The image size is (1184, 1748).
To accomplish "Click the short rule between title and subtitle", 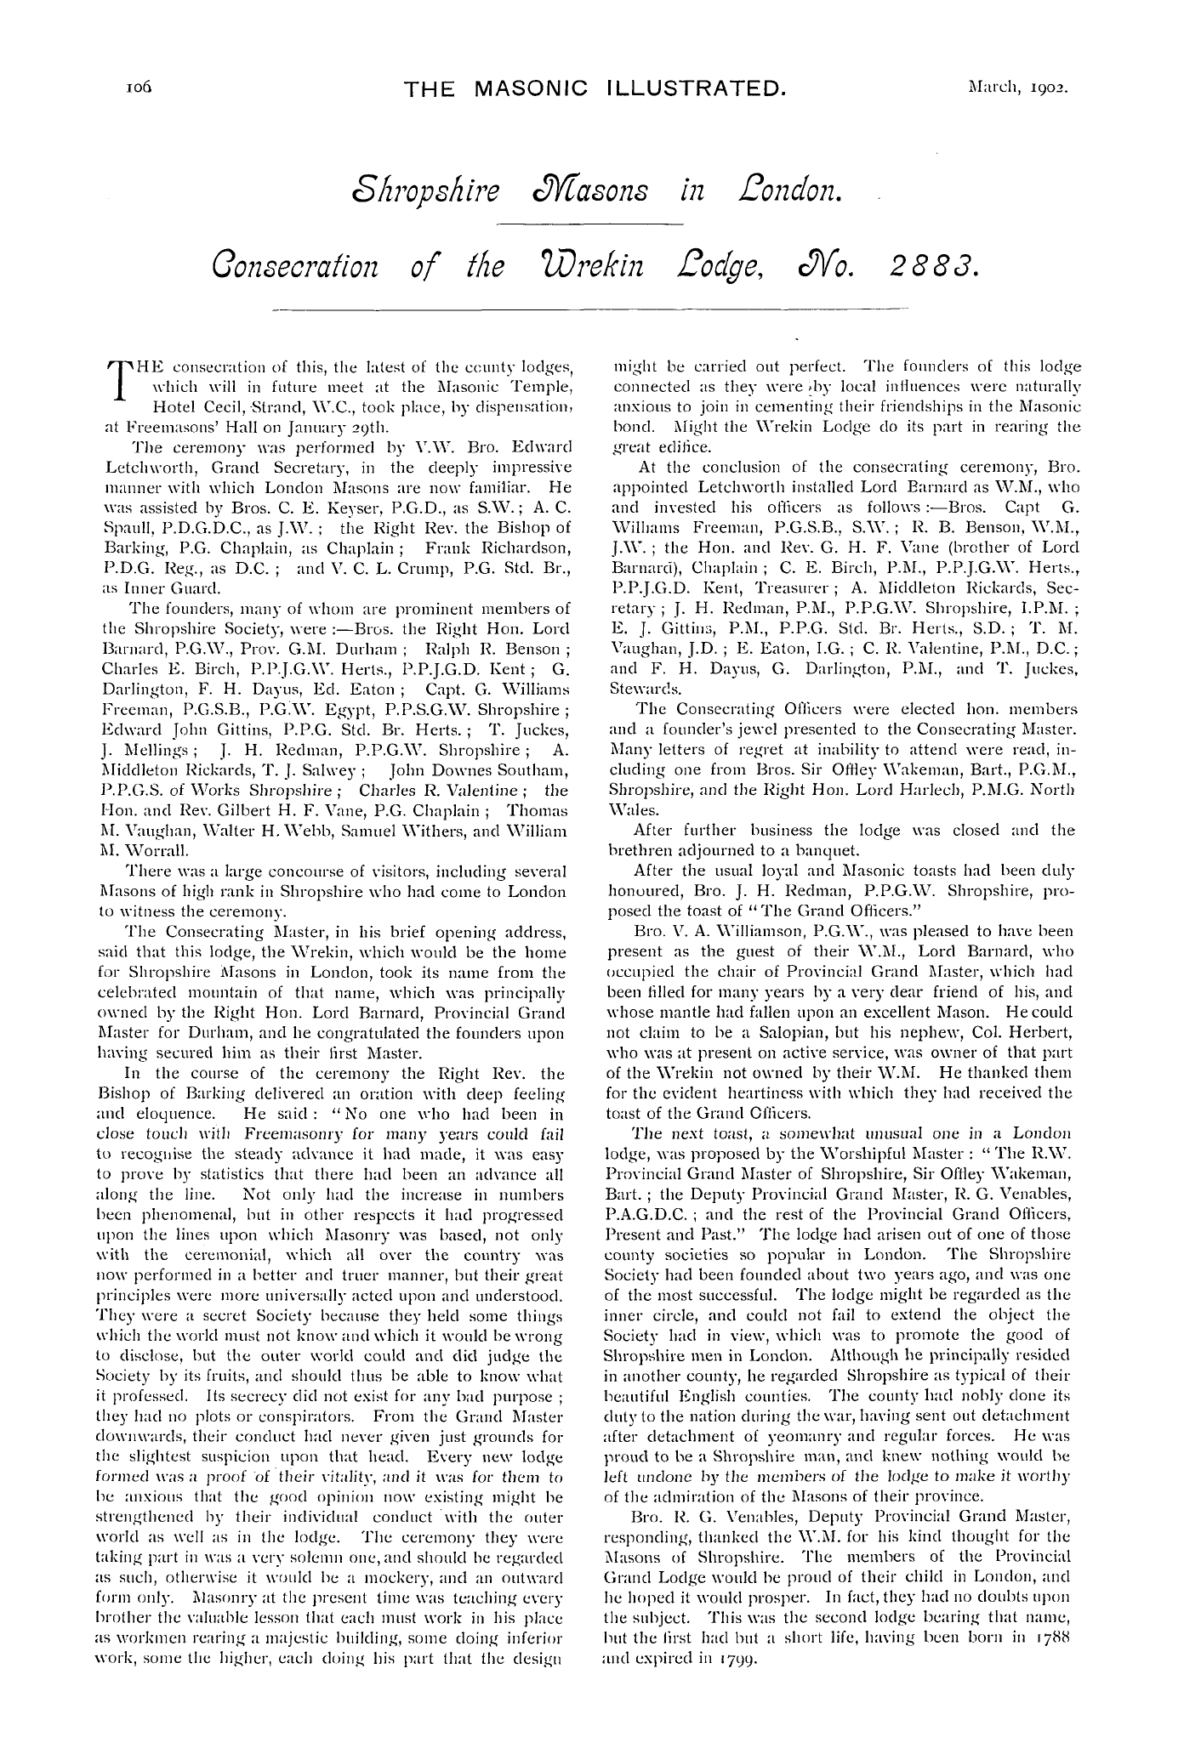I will tap(590, 224).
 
